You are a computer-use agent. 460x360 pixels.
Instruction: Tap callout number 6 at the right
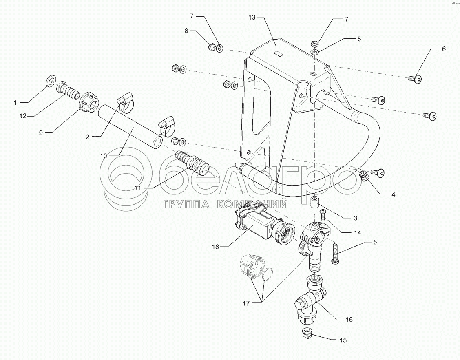(x=444, y=49)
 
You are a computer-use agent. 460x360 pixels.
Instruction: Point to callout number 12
(x=23, y=116)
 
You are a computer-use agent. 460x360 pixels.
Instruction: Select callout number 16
(x=349, y=320)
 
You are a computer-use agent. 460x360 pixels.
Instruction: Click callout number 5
(x=374, y=242)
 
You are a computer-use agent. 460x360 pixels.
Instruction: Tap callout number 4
(x=393, y=195)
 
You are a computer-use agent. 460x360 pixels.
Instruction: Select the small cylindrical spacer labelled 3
(x=314, y=202)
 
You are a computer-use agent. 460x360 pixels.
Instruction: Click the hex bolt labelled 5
(x=335, y=254)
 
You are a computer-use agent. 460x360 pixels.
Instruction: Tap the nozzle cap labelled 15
(x=307, y=333)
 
